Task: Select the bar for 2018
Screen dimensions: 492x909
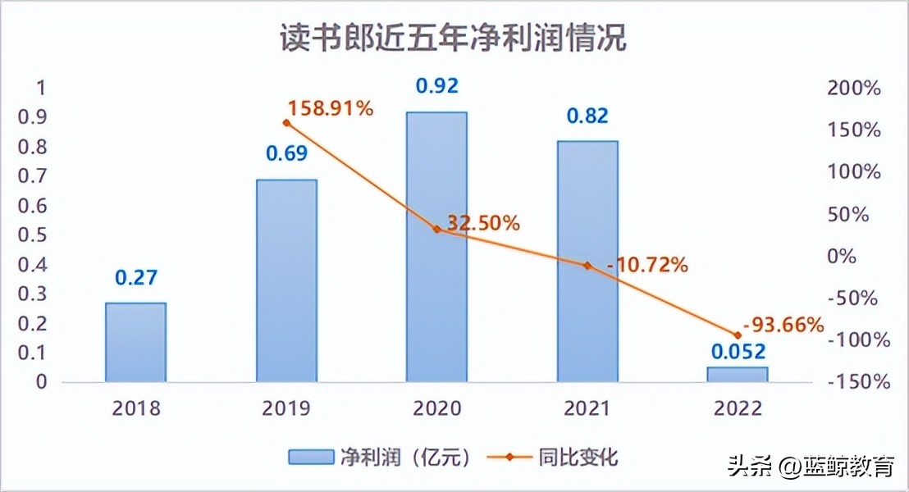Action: [136, 342]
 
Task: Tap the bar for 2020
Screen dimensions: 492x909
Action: [436, 246]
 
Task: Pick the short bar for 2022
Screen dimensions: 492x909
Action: [737, 374]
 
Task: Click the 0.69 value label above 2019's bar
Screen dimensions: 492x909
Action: [286, 153]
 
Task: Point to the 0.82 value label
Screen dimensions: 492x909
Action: [587, 116]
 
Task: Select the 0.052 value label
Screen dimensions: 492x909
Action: [737, 352]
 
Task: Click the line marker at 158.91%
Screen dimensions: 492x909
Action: [286, 123]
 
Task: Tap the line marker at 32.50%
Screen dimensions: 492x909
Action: [436, 229]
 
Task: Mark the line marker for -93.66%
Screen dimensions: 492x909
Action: [737, 335]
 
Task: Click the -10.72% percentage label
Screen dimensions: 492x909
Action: [646, 265]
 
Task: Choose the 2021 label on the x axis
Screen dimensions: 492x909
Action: [587, 408]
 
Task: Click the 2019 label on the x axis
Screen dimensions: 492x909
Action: [286, 408]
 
